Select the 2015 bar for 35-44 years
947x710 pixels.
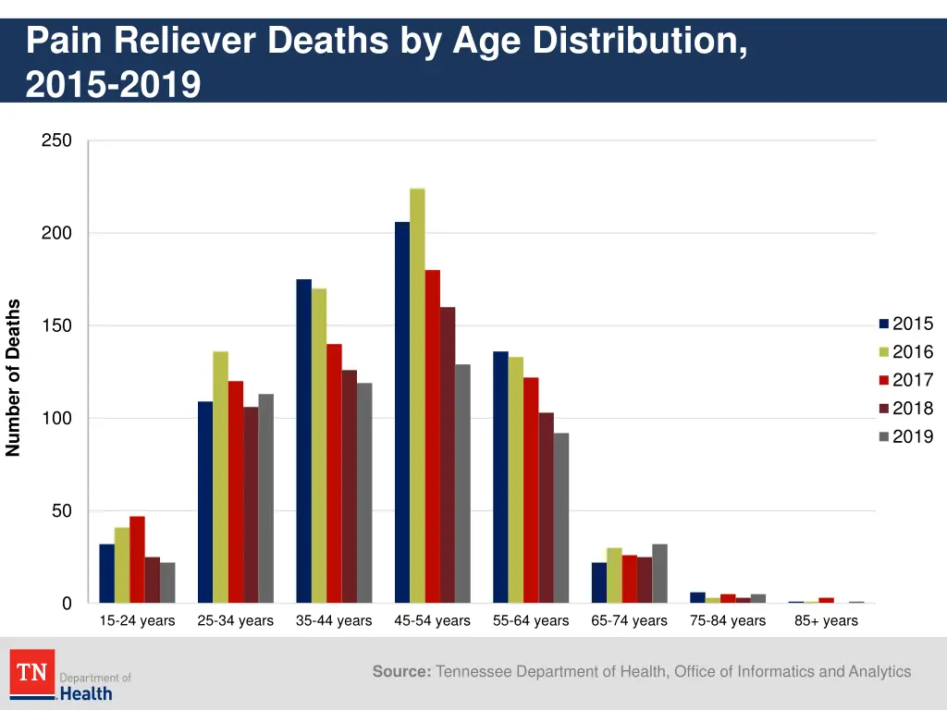coord(303,441)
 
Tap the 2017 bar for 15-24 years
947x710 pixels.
coord(137,559)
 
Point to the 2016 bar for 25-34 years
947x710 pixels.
coord(220,477)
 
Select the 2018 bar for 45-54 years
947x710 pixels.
coord(448,455)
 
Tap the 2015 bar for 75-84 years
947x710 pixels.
coord(697,597)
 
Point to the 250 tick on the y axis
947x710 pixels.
coord(56,141)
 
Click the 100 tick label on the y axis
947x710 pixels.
coord(56,419)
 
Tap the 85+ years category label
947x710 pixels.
coord(826,620)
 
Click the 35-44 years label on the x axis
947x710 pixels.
coord(334,620)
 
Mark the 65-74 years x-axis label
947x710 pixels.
coord(629,620)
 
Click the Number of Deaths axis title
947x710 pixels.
coord(13,377)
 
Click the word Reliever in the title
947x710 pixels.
coord(182,42)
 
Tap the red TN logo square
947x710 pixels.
coord(32,672)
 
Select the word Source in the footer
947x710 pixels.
coord(401,671)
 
